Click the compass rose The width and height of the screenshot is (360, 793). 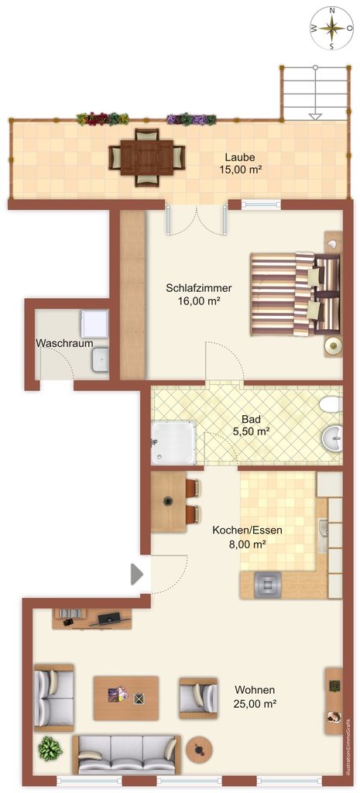coord(332,28)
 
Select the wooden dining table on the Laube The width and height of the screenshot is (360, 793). coord(147,157)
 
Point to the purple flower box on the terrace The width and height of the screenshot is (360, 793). coord(191,119)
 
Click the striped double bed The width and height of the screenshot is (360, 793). coord(294,294)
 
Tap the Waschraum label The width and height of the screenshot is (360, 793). coord(64,343)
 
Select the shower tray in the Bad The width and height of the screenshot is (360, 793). coord(173,443)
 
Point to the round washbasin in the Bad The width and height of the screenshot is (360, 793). coord(333,438)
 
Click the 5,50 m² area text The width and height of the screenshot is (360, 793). coord(251,431)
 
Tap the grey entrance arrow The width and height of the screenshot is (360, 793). coord(136,574)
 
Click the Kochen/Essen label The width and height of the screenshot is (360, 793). coord(247,530)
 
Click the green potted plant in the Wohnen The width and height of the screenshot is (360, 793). coord(50,749)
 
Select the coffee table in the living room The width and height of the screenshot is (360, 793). coord(125,698)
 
